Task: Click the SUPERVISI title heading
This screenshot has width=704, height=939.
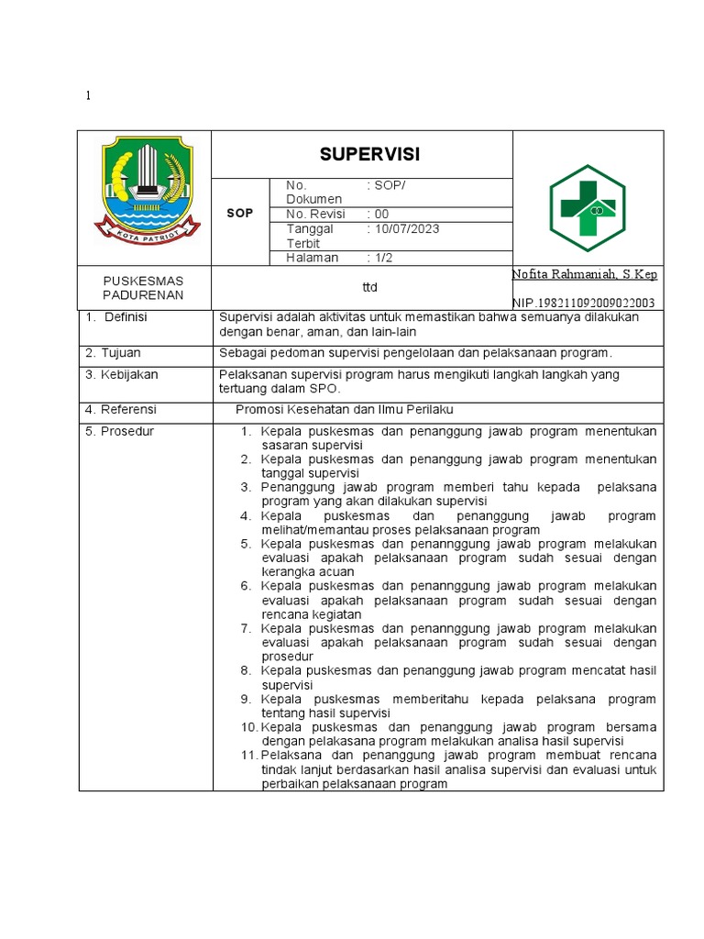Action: click(x=361, y=154)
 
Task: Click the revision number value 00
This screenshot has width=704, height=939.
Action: click(x=379, y=214)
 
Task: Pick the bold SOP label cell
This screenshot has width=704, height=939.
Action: click(x=240, y=213)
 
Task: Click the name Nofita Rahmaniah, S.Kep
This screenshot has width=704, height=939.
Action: click(x=584, y=274)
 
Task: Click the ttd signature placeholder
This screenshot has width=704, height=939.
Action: click(x=369, y=287)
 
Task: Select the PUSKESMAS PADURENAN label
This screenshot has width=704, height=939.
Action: click(x=144, y=287)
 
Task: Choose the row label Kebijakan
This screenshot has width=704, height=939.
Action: click(x=127, y=374)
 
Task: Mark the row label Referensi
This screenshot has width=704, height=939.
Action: click(x=126, y=409)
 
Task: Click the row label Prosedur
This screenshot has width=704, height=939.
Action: click(x=126, y=431)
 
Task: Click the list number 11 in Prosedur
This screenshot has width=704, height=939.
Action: click(x=249, y=755)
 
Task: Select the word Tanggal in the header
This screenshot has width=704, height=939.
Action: click(x=310, y=229)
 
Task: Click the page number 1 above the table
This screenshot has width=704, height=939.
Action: click(x=88, y=96)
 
